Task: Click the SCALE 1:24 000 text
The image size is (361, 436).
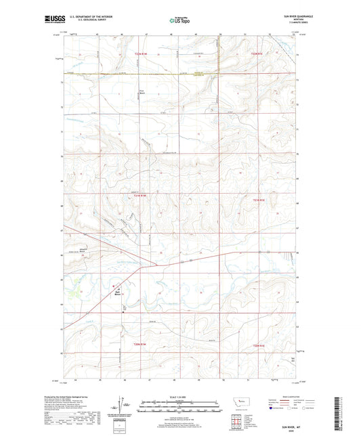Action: tap(179, 397)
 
